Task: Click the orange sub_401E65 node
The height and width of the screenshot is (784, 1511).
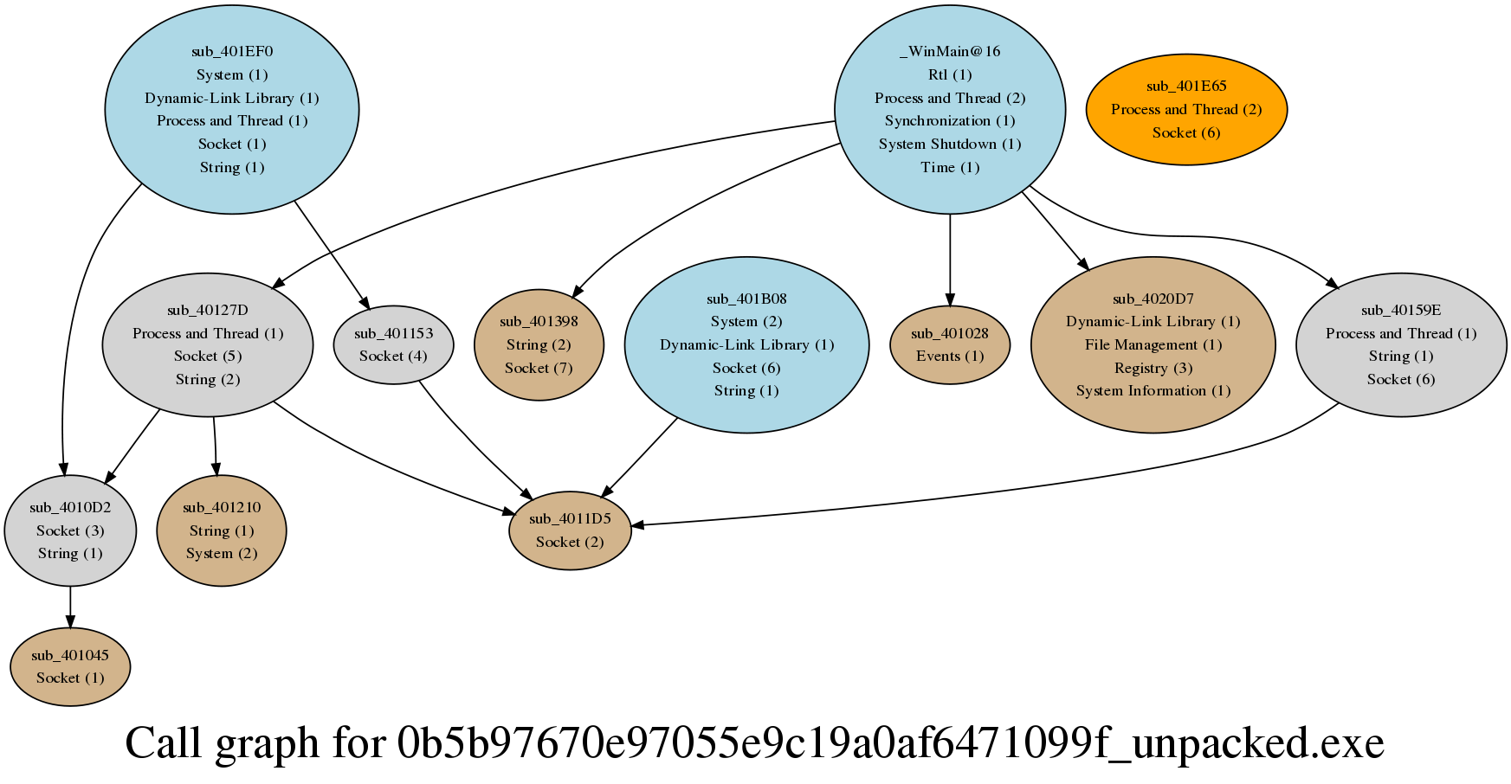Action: (1186, 109)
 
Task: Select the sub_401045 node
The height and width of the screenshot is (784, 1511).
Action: (70, 666)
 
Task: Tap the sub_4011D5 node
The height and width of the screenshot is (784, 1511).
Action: (570, 530)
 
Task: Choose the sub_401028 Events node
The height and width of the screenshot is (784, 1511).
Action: (950, 344)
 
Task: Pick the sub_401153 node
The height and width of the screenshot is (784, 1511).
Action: (393, 344)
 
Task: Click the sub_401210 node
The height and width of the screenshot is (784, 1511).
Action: (222, 530)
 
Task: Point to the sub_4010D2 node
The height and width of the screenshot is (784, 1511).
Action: (70, 530)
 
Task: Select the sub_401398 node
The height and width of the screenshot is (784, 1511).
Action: (539, 344)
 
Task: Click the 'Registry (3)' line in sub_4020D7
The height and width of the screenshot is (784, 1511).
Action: (1153, 368)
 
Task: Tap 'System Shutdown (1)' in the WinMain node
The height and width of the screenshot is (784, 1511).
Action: (950, 144)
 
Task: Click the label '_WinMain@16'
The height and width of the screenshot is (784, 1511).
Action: (950, 51)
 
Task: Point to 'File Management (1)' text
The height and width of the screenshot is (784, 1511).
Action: (1153, 344)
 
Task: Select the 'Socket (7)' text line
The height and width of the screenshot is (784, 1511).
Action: (539, 368)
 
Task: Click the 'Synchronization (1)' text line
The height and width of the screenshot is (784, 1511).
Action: (950, 120)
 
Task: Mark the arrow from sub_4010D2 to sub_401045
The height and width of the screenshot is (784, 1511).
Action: (70, 607)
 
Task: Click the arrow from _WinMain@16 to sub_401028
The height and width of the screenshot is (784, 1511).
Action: (950, 260)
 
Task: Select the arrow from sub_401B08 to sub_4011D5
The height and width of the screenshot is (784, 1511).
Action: (639, 457)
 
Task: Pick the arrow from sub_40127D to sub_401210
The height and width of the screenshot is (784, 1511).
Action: (215, 447)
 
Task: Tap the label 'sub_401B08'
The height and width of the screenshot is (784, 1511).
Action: (746, 299)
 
